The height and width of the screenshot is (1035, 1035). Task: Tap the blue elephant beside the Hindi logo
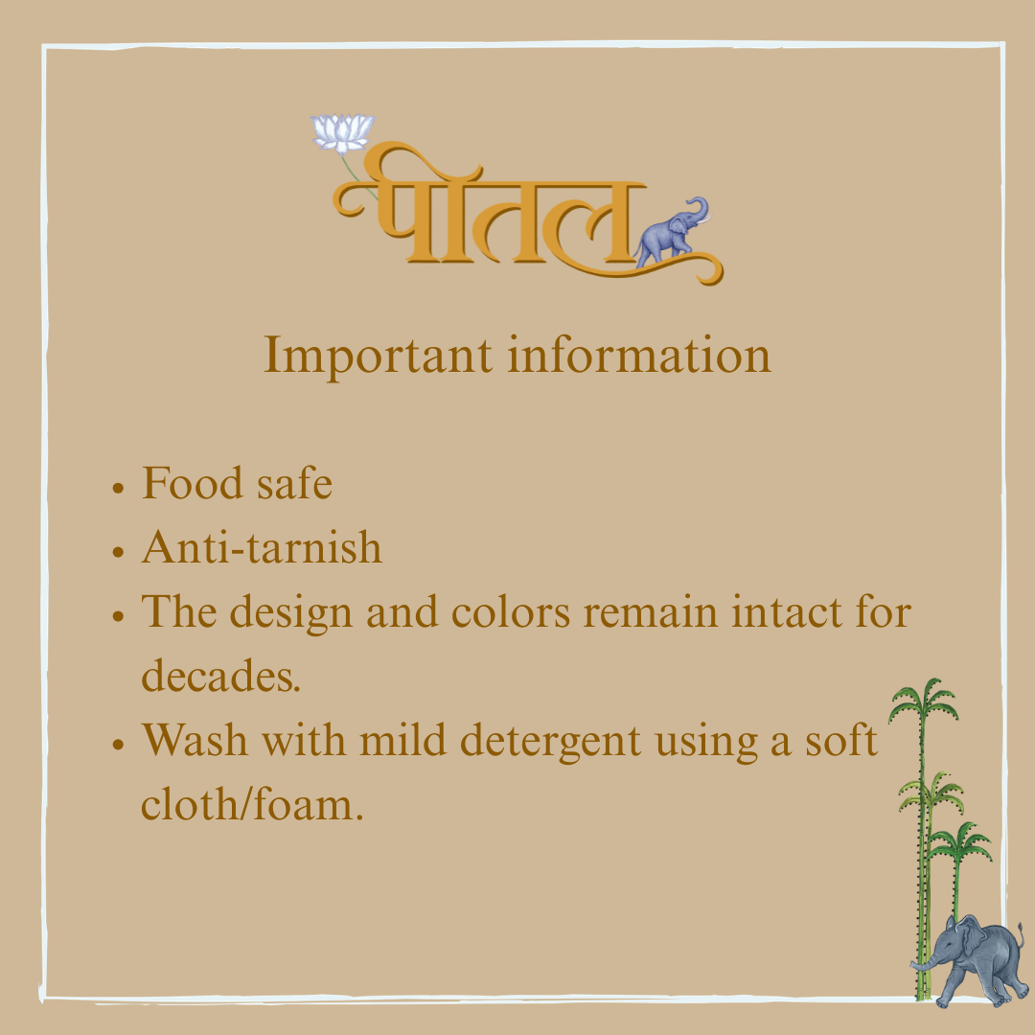pyautogui.click(x=672, y=233)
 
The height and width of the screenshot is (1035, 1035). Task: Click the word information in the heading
pyautogui.click(x=639, y=355)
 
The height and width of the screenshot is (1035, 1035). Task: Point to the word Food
pyautogui.click(x=192, y=483)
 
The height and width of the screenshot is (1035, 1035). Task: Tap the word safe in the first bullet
pyautogui.click(x=294, y=483)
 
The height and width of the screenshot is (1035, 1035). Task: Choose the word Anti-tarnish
pyautogui.click(x=262, y=547)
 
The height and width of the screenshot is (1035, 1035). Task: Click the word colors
pyautogui.click(x=510, y=611)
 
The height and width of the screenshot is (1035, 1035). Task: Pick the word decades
pyautogui.click(x=221, y=676)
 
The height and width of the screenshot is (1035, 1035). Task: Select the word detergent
pyautogui.click(x=550, y=741)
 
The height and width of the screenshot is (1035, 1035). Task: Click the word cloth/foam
pyautogui.click(x=252, y=804)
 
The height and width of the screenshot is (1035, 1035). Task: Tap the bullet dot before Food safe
pyautogui.click(x=118, y=488)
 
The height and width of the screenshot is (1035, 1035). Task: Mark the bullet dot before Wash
pyautogui.click(x=118, y=745)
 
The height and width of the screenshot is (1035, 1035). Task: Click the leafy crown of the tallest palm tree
pyautogui.click(x=924, y=701)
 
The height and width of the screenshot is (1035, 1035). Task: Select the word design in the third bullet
pyautogui.click(x=291, y=613)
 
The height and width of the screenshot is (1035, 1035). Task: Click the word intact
pyautogui.click(x=786, y=611)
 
